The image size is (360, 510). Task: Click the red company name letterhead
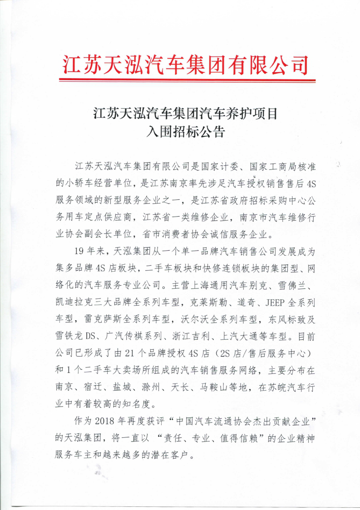pyautogui.click(x=185, y=65)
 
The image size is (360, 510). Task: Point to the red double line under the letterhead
pyautogui.click(x=187, y=80)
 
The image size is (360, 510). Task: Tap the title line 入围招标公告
pyautogui.click(x=185, y=132)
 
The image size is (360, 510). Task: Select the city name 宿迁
pyautogui.click(x=96, y=388)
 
